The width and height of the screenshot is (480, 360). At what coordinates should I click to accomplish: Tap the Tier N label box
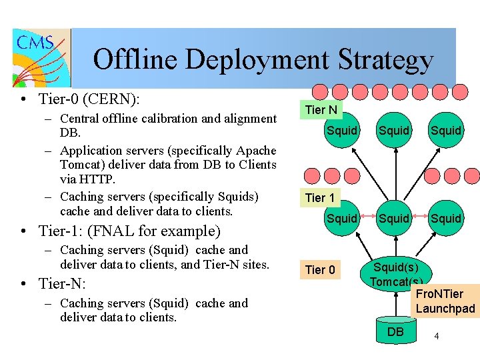321,109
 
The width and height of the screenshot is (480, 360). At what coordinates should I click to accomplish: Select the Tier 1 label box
321,197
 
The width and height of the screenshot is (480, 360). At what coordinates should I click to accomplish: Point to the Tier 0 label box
320,269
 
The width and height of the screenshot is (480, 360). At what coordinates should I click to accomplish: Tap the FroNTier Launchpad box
445,301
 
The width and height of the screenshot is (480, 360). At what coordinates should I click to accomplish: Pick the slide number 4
436,336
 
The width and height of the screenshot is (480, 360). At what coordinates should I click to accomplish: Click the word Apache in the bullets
256,150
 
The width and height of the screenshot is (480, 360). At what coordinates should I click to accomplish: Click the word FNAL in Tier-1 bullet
120,231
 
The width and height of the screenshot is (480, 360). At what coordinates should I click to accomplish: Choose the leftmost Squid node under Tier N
342,131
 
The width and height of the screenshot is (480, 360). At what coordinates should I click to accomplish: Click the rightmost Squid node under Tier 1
445,218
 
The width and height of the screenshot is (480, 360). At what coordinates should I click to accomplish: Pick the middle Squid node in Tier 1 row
393,218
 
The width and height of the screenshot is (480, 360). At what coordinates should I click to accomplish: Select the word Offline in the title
135,60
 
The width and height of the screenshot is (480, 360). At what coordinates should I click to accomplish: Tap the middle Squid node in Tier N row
393,131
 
